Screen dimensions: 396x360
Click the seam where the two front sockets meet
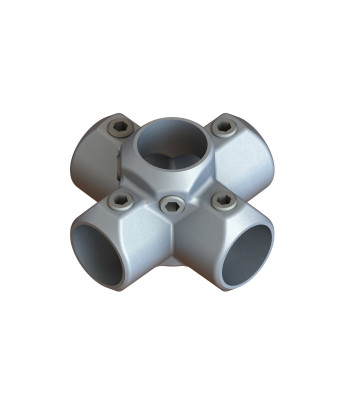pyautogui.click(x=173, y=250)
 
